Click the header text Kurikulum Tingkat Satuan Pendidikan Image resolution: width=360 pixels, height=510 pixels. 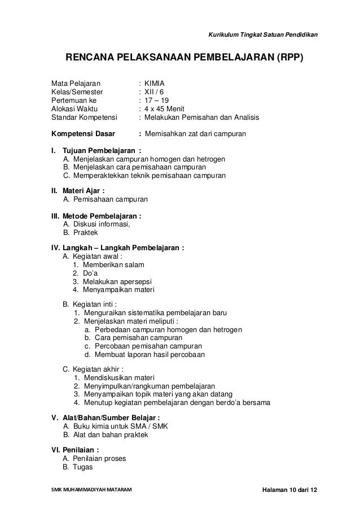pyautogui.click(x=262, y=37)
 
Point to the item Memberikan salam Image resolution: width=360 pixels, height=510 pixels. pyautogui.click(x=113, y=265)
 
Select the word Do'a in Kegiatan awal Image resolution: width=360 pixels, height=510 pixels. pyautogui.click(x=90, y=273)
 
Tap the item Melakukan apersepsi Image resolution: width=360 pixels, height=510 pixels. pyautogui.click(x=117, y=282)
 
